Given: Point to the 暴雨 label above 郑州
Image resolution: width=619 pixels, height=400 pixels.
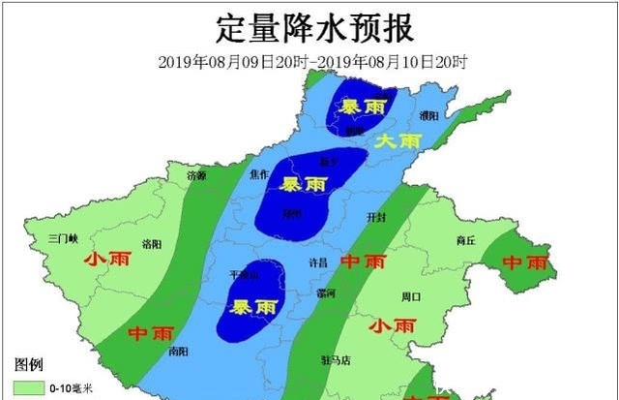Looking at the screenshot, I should coord(303,183).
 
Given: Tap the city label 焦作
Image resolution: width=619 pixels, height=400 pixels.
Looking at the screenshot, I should coord(259,174).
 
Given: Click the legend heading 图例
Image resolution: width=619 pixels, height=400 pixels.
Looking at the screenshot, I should coord(29,365).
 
